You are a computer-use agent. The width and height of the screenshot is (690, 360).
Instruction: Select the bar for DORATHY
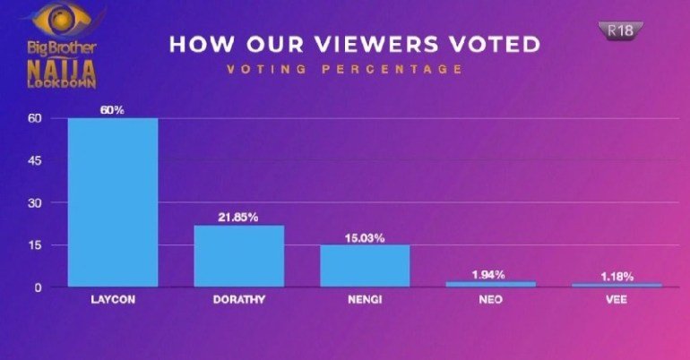tap(239, 256)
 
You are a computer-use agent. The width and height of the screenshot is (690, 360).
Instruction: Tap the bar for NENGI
tap(365, 266)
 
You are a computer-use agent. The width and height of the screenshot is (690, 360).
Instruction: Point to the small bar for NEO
tap(491, 284)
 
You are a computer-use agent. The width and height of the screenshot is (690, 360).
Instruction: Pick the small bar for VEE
tap(617, 285)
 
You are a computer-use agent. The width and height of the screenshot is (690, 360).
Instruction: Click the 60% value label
tap(113, 109)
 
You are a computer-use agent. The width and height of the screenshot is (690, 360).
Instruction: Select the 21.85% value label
tap(238, 217)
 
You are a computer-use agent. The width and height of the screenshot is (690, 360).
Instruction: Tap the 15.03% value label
tap(365, 237)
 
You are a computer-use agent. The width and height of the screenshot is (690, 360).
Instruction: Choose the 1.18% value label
tap(617, 276)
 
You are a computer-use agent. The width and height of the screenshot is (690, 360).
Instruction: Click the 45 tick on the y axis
tap(35, 161)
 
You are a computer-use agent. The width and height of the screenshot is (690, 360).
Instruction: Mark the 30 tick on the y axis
tap(35, 203)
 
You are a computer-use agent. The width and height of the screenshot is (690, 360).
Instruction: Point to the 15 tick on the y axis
tap(36, 245)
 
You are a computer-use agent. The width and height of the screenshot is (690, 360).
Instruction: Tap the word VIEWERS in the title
tap(358, 45)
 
